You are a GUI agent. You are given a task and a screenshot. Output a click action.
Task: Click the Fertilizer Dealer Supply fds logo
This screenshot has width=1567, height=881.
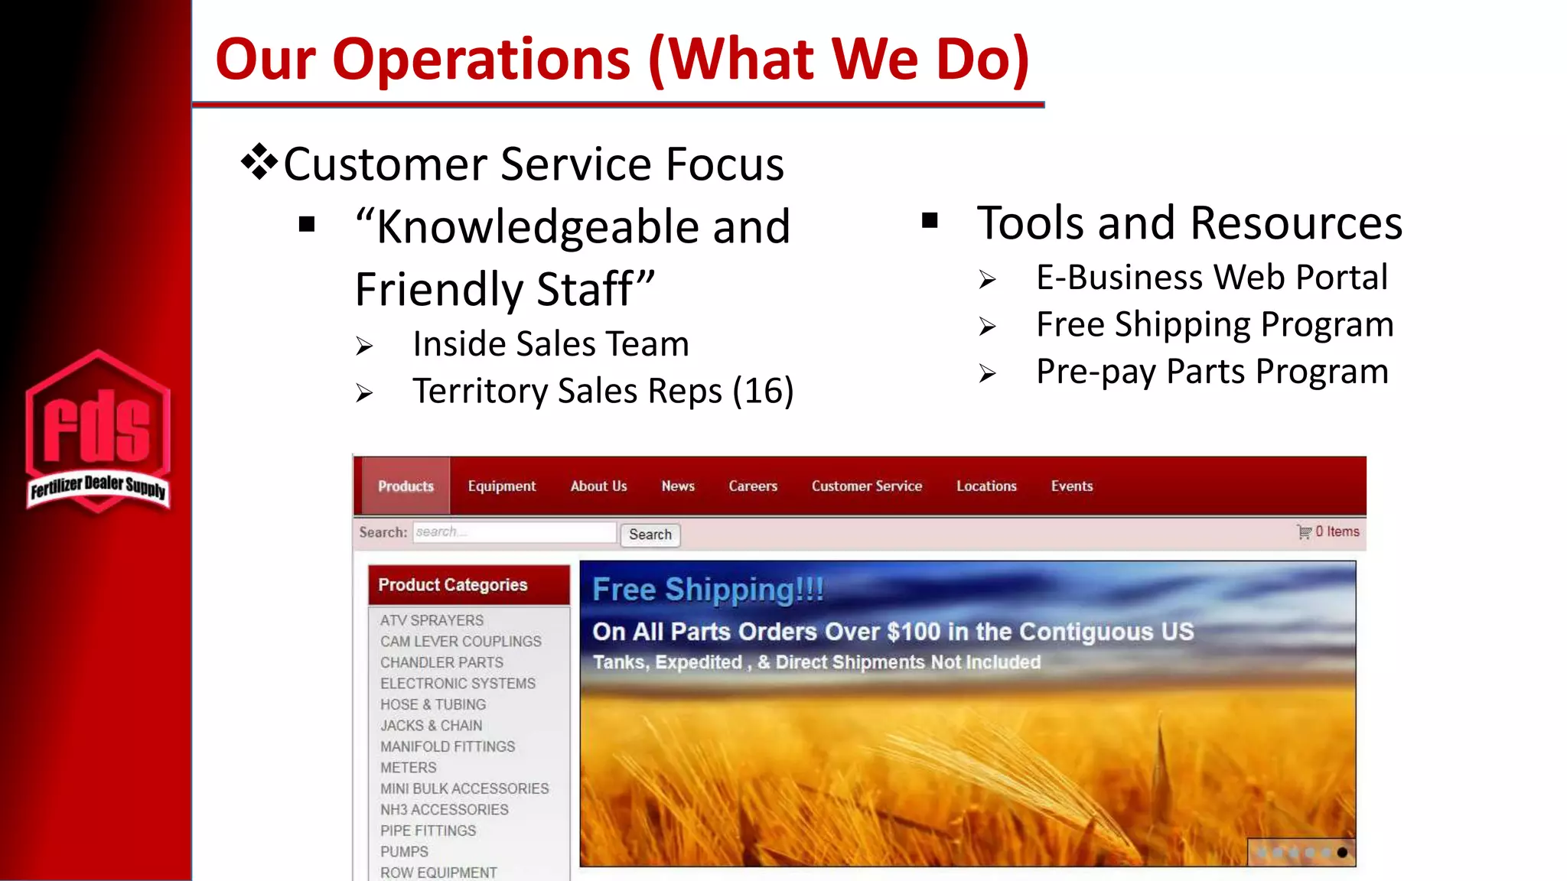(97, 432)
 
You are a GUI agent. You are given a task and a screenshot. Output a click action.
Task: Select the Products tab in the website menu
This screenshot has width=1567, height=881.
(406, 486)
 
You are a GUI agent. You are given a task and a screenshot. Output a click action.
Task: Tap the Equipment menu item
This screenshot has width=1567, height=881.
(502, 486)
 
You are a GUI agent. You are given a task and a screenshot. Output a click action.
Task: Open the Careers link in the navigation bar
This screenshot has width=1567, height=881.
(753, 486)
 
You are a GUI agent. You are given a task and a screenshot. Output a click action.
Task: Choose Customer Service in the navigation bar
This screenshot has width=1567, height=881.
(867, 486)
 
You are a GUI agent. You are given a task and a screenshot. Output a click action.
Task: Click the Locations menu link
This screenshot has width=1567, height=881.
(986, 486)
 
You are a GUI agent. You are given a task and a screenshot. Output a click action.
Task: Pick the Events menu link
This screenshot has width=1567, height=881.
(1072, 486)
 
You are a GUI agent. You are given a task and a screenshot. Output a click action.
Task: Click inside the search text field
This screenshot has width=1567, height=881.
(514, 532)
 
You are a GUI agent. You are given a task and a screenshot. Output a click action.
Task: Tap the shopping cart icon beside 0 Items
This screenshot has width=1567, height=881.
(1304, 532)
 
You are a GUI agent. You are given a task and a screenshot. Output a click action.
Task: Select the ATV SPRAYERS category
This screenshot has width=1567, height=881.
(432, 620)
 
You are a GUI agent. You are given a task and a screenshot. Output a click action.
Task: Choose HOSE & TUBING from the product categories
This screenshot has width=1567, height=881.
(433, 704)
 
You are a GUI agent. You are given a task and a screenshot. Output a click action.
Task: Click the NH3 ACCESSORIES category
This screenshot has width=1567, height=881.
(444, 809)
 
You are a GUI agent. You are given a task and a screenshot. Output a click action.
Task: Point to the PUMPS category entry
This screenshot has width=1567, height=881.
(404, 851)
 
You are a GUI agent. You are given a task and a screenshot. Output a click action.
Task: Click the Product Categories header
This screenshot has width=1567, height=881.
(453, 585)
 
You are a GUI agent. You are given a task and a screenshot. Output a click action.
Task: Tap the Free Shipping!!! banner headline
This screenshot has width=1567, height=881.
(708, 590)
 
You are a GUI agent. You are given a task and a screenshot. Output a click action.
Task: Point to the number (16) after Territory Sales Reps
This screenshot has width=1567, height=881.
(763, 391)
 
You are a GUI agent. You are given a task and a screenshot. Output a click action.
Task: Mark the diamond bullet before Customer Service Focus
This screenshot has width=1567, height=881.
(259, 161)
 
